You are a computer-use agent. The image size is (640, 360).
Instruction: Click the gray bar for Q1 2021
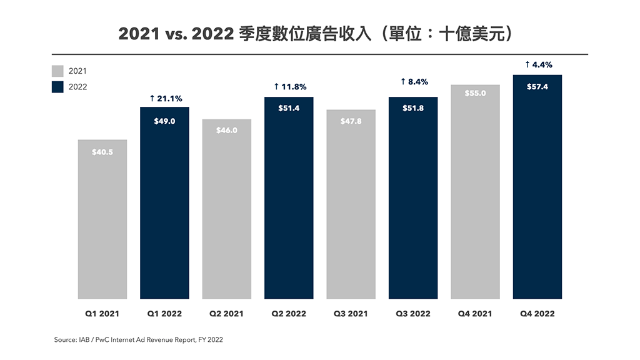pos(102,219)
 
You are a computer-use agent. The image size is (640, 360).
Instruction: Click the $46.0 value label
pos(227,130)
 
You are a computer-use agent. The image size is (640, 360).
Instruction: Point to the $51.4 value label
pos(289,108)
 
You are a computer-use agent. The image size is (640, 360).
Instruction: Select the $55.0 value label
pos(475,93)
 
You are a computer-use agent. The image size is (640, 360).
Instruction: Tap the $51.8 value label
pos(413,108)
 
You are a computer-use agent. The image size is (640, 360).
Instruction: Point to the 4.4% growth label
pos(538,64)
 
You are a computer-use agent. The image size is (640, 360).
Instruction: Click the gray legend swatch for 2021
pos(58,71)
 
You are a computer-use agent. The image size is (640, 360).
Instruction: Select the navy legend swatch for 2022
pos(58,87)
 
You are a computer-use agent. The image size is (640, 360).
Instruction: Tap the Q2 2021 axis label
pos(226,314)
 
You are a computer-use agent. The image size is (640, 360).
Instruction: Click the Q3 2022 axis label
pos(413,314)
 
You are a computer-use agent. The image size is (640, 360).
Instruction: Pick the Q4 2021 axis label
pos(475,314)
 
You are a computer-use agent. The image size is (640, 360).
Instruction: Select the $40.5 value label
pos(102,151)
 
